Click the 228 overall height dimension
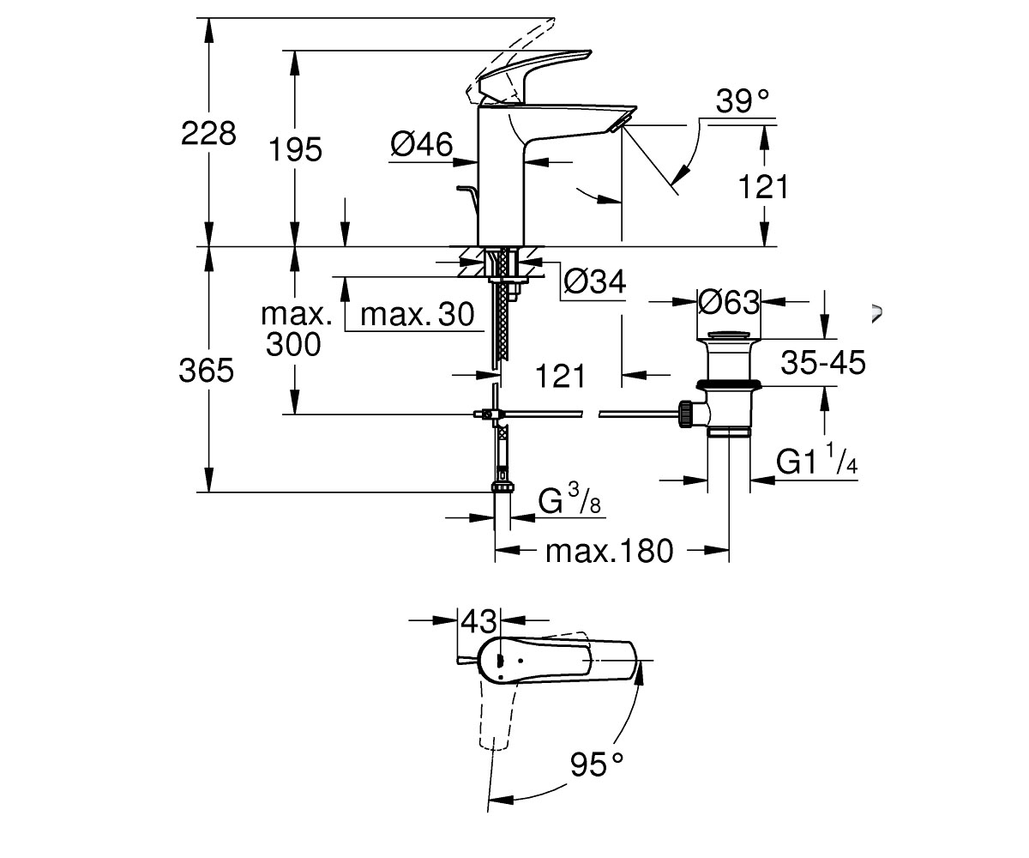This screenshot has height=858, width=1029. pos(208,134)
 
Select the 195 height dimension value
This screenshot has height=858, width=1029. pos(295,149)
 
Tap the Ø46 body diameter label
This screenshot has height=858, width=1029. pos(421,144)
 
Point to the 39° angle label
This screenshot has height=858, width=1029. pos(743,101)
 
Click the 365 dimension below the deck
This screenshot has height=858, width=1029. pos(206,371)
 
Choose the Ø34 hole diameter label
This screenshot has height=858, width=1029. pos(595,282)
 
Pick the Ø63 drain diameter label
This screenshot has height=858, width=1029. pos(729,302)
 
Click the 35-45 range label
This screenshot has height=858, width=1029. pos(823,362)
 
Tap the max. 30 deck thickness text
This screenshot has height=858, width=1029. pos(418,314)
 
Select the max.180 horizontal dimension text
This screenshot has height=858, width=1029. pos(609,551)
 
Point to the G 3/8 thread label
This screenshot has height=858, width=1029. pos(569,499)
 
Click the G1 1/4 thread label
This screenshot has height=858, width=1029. pos(816,459)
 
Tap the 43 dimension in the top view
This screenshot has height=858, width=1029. pos(479,621)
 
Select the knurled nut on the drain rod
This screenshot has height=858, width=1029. pos(684,414)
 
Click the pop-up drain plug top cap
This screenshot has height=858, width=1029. pos(729,337)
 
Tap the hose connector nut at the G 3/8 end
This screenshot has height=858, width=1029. pos(502,487)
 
